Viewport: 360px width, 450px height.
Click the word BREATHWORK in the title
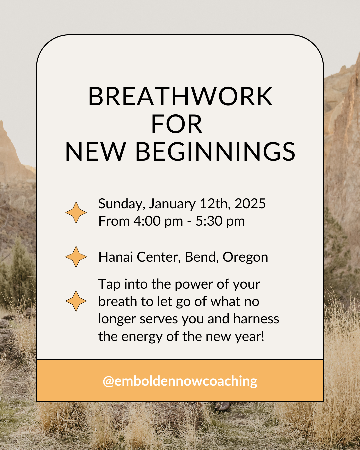(x=180, y=96)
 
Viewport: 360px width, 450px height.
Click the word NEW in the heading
(x=95, y=152)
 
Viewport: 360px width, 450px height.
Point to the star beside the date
(x=76, y=212)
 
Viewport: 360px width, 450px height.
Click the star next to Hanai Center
(x=76, y=257)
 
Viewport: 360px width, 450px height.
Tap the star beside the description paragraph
(x=76, y=301)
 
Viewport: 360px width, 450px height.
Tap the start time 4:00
(x=147, y=221)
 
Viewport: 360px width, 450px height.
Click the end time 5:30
(x=209, y=221)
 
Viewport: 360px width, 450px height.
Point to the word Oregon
(x=245, y=258)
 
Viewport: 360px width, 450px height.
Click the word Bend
(x=200, y=257)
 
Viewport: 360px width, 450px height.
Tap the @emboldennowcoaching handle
(x=180, y=381)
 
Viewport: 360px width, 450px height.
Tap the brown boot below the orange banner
(x=222, y=407)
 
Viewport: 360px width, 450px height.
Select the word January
(x=172, y=204)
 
